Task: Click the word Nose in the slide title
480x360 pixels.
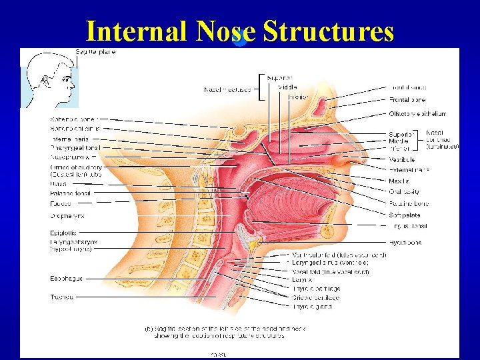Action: click(x=227, y=31)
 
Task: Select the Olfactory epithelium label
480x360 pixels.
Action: click(x=418, y=113)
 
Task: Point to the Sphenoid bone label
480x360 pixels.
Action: click(x=74, y=119)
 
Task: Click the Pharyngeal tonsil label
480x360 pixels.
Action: click(x=75, y=147)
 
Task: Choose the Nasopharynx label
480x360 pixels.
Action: click(x=71, y=157)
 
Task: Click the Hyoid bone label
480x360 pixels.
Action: click(x=405, y=243)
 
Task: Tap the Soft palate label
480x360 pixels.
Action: click(x=404, y=215)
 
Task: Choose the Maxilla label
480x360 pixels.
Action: click(x=399, y=181)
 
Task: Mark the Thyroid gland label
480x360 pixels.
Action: click(x=311, y=307)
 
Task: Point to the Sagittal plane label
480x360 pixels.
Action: click(x=96, y=51)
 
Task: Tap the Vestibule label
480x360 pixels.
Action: click(x=401, y=160)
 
